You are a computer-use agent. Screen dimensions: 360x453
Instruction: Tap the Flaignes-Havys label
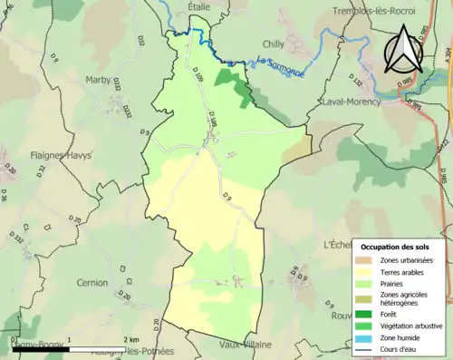61,154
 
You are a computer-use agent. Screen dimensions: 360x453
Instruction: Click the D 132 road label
356,83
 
